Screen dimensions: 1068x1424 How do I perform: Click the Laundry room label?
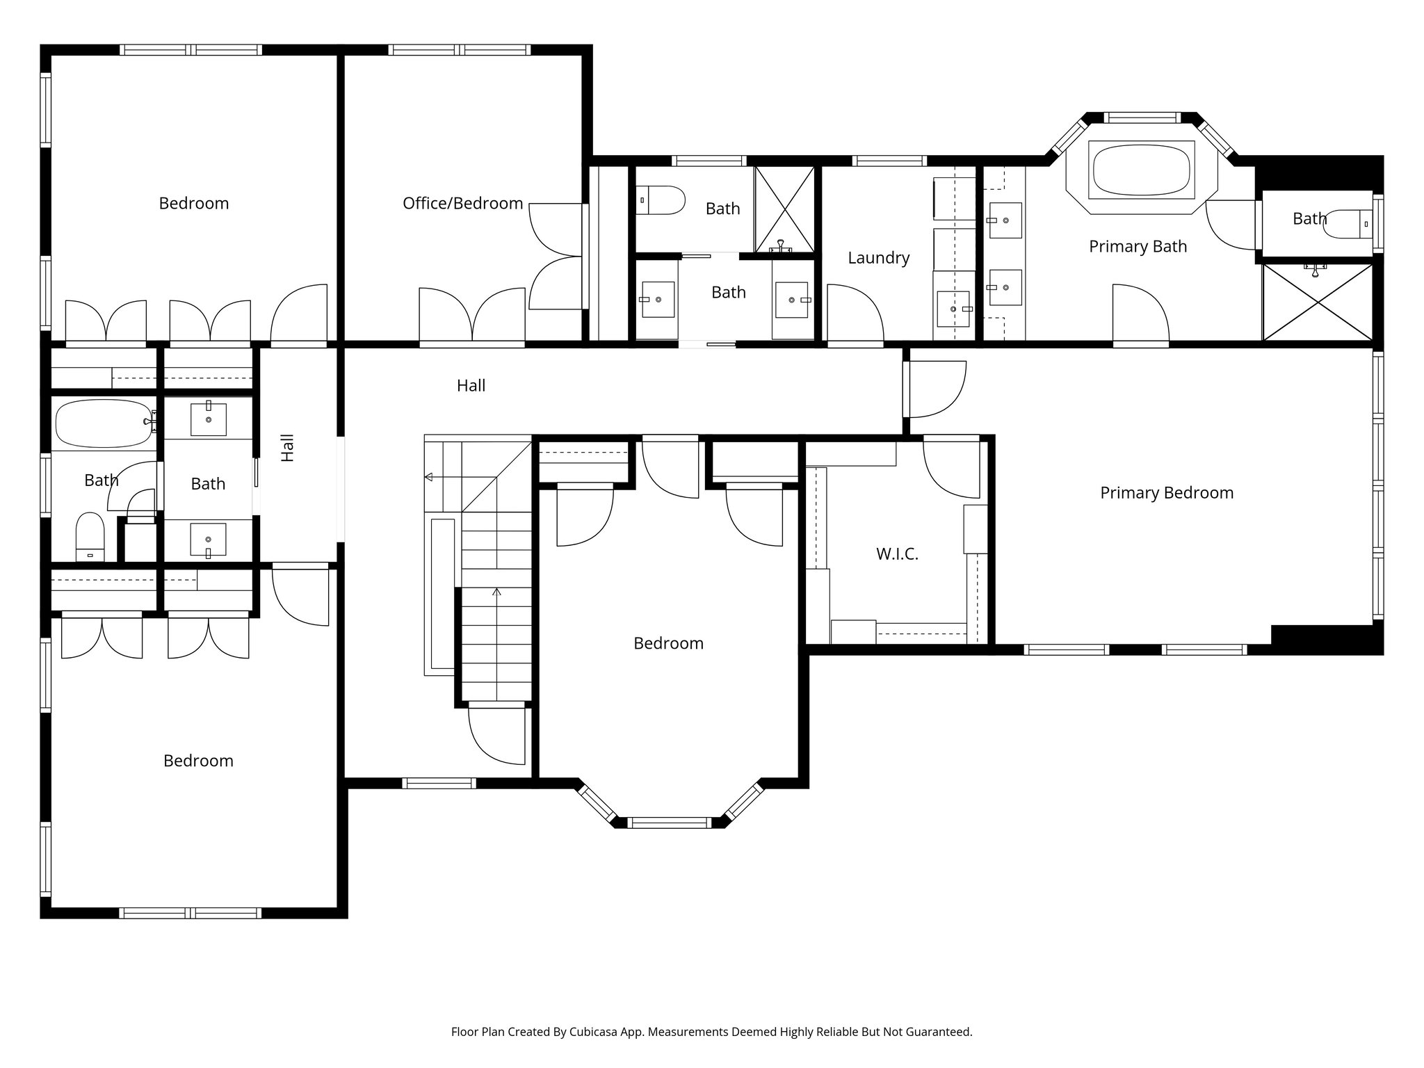(878, 258)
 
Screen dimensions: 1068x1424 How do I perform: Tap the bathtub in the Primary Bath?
(1141, 170)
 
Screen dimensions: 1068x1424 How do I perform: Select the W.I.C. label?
(897, 554)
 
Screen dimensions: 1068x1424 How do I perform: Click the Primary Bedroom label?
(1166, 493)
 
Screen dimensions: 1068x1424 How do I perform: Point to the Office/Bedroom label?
(462, 203)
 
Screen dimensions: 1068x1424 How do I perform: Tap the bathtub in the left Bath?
(103, 423)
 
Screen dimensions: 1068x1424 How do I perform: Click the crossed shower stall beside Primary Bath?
(1317, 302)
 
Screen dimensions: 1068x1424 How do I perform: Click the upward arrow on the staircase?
(496, 593)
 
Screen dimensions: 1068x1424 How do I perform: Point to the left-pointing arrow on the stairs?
(429, 477)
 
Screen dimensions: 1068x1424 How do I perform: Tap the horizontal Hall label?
(471, 386)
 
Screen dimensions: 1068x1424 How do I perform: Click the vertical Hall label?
(288, 448)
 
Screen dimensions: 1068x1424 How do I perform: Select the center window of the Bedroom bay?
(669, 823)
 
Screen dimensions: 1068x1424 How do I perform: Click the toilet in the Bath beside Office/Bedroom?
(660, 200)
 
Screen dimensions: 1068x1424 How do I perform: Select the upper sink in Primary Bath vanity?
(1005, 220)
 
